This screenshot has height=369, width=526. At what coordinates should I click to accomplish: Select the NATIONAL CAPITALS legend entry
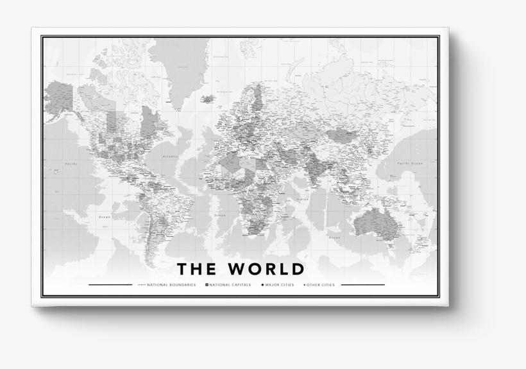(230, 284)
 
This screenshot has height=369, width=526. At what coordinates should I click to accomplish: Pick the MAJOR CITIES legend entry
(278, 284)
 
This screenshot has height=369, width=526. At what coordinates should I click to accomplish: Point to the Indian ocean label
(302, 200)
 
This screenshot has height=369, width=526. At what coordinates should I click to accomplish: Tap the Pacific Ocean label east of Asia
(409, 164)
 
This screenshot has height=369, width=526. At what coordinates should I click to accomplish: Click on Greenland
(183, 71)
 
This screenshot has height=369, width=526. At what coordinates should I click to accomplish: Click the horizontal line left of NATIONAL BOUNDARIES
(110, 284)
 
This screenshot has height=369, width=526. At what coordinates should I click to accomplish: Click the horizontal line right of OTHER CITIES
(363, 284)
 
